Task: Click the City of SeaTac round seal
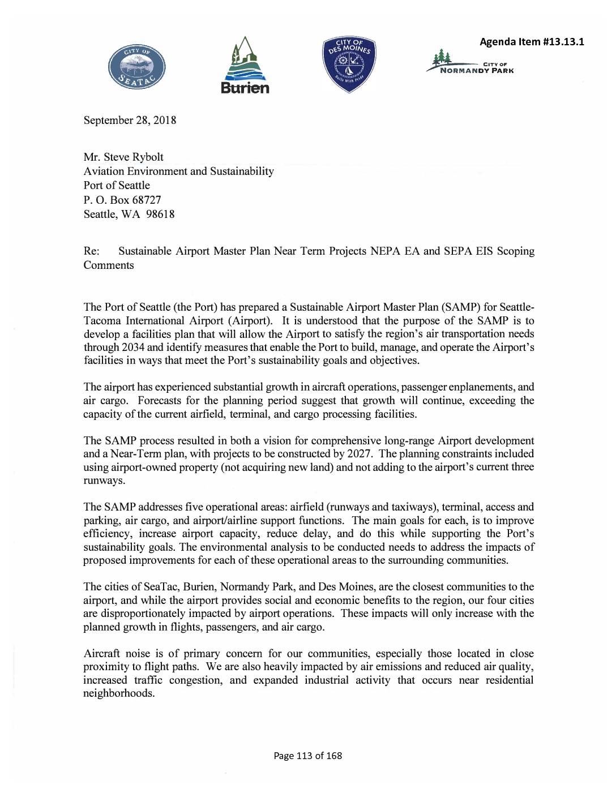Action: tap(137, 70)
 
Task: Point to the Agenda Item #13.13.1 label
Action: tap(532, 42)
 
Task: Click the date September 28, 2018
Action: tap(130, 121)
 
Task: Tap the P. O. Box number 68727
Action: tap(145, 200)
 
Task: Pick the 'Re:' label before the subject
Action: tap(91, 251)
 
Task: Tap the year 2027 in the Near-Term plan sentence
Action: tap(361, 454)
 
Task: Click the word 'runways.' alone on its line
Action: tap(104, 481)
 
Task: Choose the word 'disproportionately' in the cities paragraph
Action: tap(152, 614)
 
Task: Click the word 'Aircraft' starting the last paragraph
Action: tap(103, 653)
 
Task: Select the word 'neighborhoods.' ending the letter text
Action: tap(119, 693)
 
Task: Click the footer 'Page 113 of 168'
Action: tap(308, 756)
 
